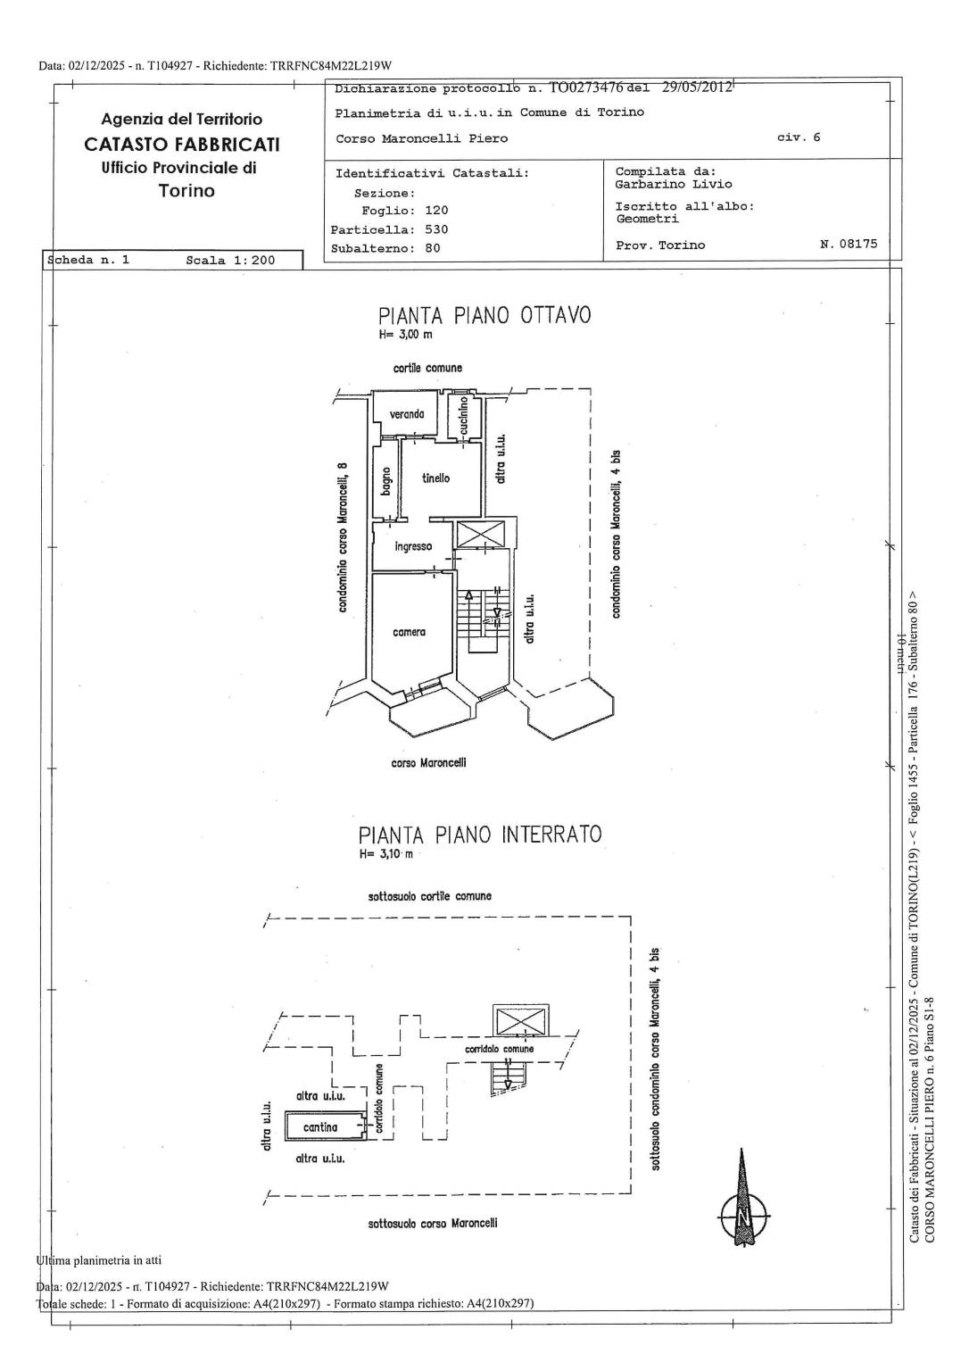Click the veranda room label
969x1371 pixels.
pos(407,414)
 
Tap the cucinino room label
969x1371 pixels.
pos(464,416)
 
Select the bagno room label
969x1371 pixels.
pos(385,482)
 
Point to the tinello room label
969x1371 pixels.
pos(435,478)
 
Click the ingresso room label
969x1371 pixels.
pos(413,546)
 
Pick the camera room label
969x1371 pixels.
pos(410,632)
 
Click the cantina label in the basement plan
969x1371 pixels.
pos(320,1126)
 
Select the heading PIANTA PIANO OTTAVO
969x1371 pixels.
pos(484,315)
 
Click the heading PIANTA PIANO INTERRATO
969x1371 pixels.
pos(480,835)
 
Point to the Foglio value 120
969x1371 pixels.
pos(436,211)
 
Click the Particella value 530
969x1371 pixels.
pos(436,229)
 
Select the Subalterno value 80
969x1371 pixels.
pos(433,248)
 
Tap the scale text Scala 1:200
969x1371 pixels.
pos(230,260)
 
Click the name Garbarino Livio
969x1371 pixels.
pos(674,184)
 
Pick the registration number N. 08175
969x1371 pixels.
pos(849,244)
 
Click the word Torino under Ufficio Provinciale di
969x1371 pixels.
pos(186,191)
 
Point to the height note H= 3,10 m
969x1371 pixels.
pos(386,854)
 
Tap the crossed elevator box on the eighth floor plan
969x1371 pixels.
pos(482,535)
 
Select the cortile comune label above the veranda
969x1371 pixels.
pos(427,368)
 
